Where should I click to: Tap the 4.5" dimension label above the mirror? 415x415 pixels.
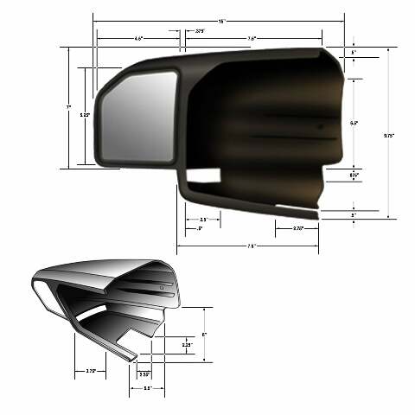coord(138,38)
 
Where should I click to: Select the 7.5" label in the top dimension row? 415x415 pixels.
coord(252,38)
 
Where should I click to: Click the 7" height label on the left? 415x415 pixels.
coord(68,106)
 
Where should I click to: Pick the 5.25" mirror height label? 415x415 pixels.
coord(84,114)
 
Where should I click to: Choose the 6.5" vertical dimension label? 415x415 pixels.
coord(354,123)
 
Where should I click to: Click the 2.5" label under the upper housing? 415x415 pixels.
coord(202,220)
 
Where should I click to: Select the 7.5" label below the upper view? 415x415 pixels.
coord(251,246)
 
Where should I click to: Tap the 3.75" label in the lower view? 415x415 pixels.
coord(90,371)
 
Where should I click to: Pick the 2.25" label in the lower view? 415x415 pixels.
coord(186,346)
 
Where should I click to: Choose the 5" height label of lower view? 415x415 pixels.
coord(204,334)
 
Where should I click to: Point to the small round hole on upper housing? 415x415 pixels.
coord(319,127)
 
